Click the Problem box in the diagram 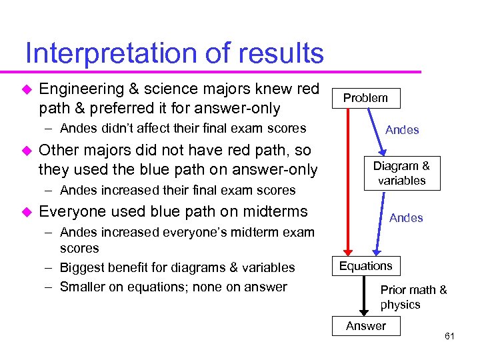click(x=365, y=98)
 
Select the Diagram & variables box click(x=401, y=173)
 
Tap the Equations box click(x=366, y=266)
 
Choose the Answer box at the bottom click(x=365, y=326)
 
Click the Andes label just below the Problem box click(x=402, y=130)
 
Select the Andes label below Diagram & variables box click(x=406, y=218)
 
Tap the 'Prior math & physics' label click(x=413, y=297)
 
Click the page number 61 click(x=449, y=336)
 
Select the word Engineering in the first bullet click(x=82, y=89)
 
